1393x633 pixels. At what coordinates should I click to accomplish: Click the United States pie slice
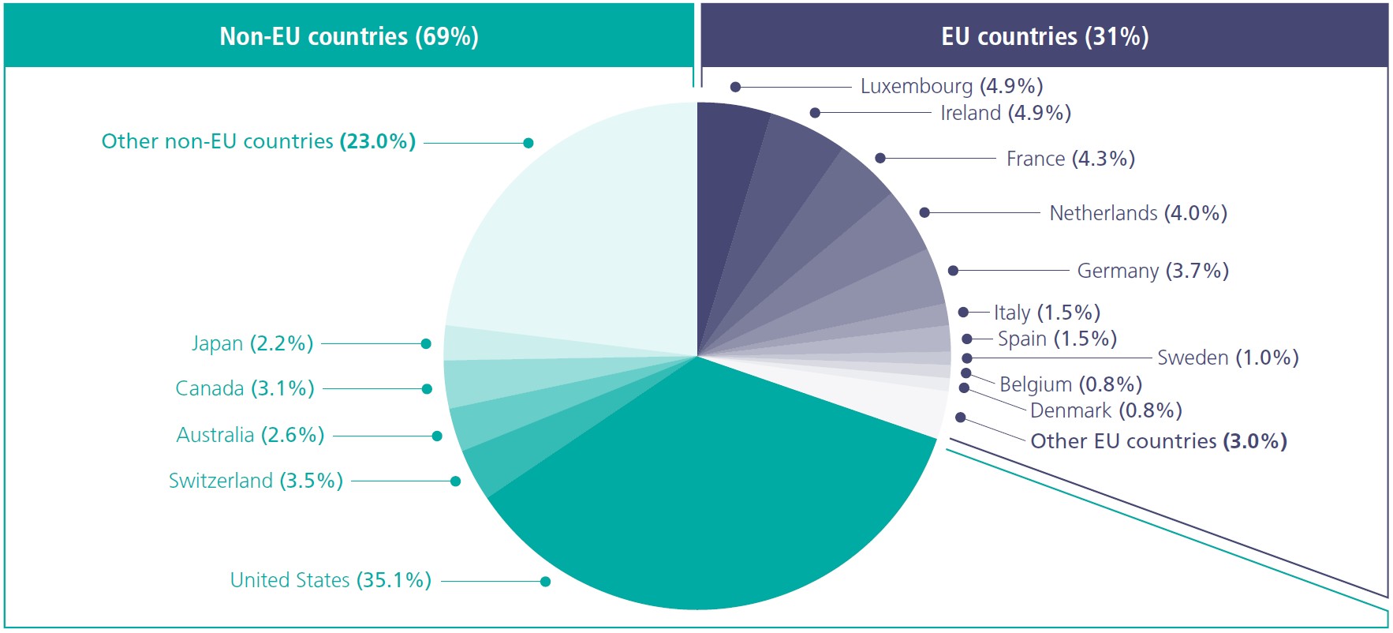[710, 505]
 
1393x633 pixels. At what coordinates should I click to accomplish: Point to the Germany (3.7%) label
[1152, 271]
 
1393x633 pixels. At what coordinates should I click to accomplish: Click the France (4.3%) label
[1070, 159]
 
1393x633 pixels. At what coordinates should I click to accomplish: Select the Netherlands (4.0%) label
[1137, 213]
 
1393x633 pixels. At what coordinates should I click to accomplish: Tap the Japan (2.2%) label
[252, 343]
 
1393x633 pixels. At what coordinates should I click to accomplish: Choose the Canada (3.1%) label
[245, 388]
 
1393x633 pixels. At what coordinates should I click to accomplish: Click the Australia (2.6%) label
[250, 435]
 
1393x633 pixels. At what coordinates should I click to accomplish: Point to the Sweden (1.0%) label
[1227, 358]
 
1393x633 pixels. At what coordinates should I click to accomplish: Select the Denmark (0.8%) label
[1106, 410]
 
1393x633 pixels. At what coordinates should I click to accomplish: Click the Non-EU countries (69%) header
[349, 36]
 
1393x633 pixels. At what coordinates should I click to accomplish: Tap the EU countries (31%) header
[1044, 36]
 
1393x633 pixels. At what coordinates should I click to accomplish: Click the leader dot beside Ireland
[815, 113]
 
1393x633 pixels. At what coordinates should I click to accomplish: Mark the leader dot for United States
[545, 582]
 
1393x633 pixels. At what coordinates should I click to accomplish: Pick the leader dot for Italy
[963, 313]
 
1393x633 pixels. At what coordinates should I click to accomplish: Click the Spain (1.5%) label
[1057, 339]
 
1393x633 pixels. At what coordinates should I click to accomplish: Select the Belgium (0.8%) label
[1070, 384]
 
